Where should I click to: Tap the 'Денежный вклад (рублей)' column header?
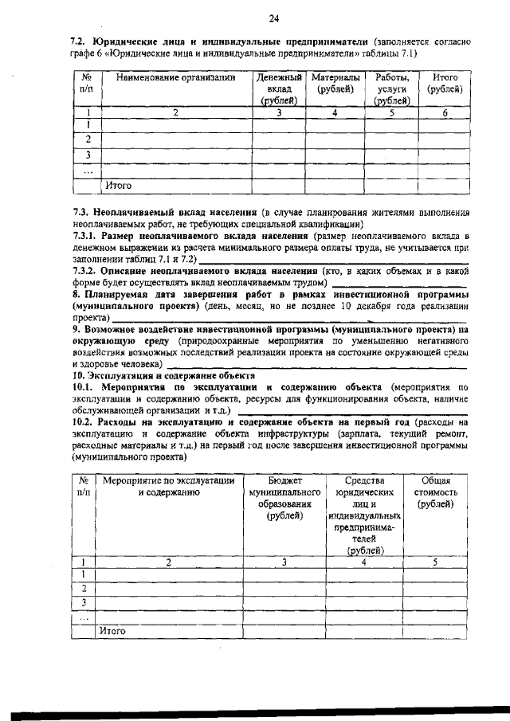[x=279, y=88]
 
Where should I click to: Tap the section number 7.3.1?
[x=84, y=237]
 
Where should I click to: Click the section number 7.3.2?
[x=84, y=271]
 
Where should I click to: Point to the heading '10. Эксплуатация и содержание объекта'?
[x=163, y=374]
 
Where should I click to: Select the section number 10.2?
[x=82, y=421]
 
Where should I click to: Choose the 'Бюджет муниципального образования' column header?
[x=284, y=499]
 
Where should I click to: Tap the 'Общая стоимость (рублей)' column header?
[x=435, y=492]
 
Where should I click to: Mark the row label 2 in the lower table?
[x=84, y=588]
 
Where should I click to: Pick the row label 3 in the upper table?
[x=88, y=155]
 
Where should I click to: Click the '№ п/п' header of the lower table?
[x=84, y=487]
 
